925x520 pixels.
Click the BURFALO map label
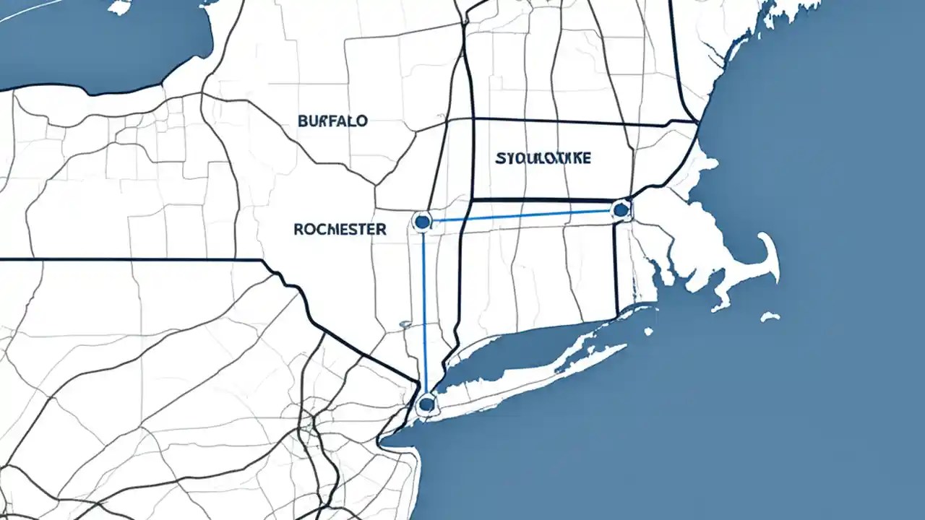click(332, 121)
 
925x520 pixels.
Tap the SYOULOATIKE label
click(543, 158)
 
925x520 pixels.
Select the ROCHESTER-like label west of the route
click(340, 229)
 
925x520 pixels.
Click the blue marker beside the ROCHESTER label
click(421, 220)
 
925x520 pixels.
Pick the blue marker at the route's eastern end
click(619, 210)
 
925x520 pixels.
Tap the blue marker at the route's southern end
click(426, 404)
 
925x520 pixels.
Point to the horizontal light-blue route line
click(520, 215)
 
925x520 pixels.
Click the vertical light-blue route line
click(424, 311)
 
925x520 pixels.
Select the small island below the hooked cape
click(770, 316)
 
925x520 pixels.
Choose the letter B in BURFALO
click(302, 121)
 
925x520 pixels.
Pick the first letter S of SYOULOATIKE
click(500, 158)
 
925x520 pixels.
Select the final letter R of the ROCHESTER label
click(382, 229)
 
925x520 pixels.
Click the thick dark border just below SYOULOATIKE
click(542, 199)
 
